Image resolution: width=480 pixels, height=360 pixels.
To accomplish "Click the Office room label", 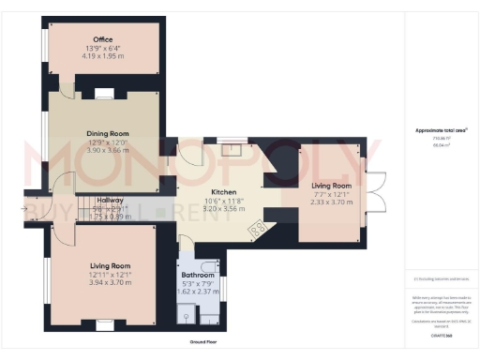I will [103, 39].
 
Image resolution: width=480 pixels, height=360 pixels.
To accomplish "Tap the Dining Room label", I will [107, 133].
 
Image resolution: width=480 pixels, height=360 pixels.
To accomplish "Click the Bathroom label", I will [198, 276].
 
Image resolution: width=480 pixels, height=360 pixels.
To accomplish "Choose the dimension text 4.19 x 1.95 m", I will [103, 54].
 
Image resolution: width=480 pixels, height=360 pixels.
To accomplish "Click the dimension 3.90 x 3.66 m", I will [107, 150].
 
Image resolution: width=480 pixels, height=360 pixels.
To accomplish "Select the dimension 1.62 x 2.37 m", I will [198, 291].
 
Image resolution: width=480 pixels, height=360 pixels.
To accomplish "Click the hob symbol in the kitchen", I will [256, 225].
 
